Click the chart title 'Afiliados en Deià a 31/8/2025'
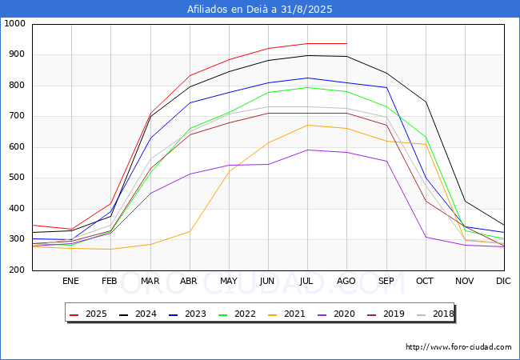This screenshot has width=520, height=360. click(x=260, y=10)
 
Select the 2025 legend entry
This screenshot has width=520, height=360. click(x=88, y=314)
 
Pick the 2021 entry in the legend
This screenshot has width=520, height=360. click(x=286, y=314)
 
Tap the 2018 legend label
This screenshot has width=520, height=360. click(x=435, y=314)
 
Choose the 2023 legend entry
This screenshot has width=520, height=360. click(x=187, y=314)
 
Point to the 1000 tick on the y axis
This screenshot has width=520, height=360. click(x=15, y=23)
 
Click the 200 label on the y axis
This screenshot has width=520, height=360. click(x=18, y=270)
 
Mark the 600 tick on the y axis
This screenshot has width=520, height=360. click(x=18, y=147)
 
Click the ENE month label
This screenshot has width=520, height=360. click(x=70, y=281)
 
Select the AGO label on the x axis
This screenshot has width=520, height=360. click(x=346, y=281)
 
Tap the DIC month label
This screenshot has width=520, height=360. click(x=503, y=281)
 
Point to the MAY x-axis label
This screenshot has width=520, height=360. click(x=229, y=281)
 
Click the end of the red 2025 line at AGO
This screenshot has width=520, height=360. click(x=347, y=43)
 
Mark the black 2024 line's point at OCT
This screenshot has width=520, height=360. click(x=426, y=102)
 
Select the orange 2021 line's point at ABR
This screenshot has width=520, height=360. click(x=190, y=231)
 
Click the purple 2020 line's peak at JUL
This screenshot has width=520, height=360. click(x=308, y=150)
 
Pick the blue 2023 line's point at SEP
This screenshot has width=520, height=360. click(x=386, y=87)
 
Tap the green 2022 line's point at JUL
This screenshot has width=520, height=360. click(x=308, y=87)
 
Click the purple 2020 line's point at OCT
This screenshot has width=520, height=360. click(x=426, y=237)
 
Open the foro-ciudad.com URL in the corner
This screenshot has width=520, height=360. click(x=458, y=347)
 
